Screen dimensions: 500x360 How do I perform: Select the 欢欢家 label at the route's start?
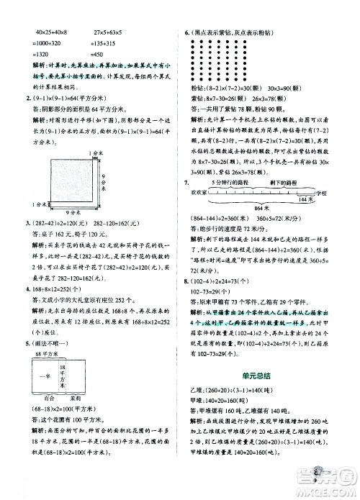pyautogui.click(x=199, y=193)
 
